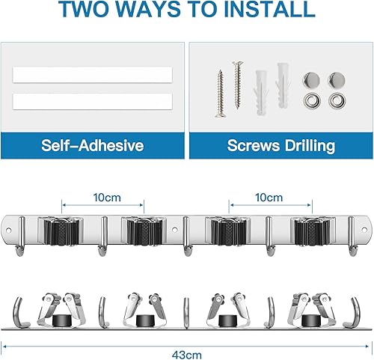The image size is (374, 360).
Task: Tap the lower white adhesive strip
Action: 91,101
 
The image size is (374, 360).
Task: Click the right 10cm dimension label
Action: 269,198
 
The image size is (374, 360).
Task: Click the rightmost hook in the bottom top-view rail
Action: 355,293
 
